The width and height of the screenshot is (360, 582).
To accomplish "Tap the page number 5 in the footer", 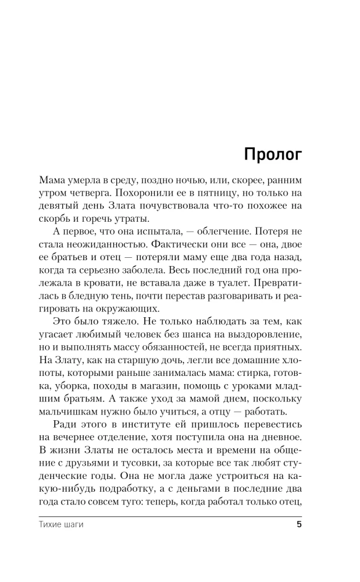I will click(x=299, y=525).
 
